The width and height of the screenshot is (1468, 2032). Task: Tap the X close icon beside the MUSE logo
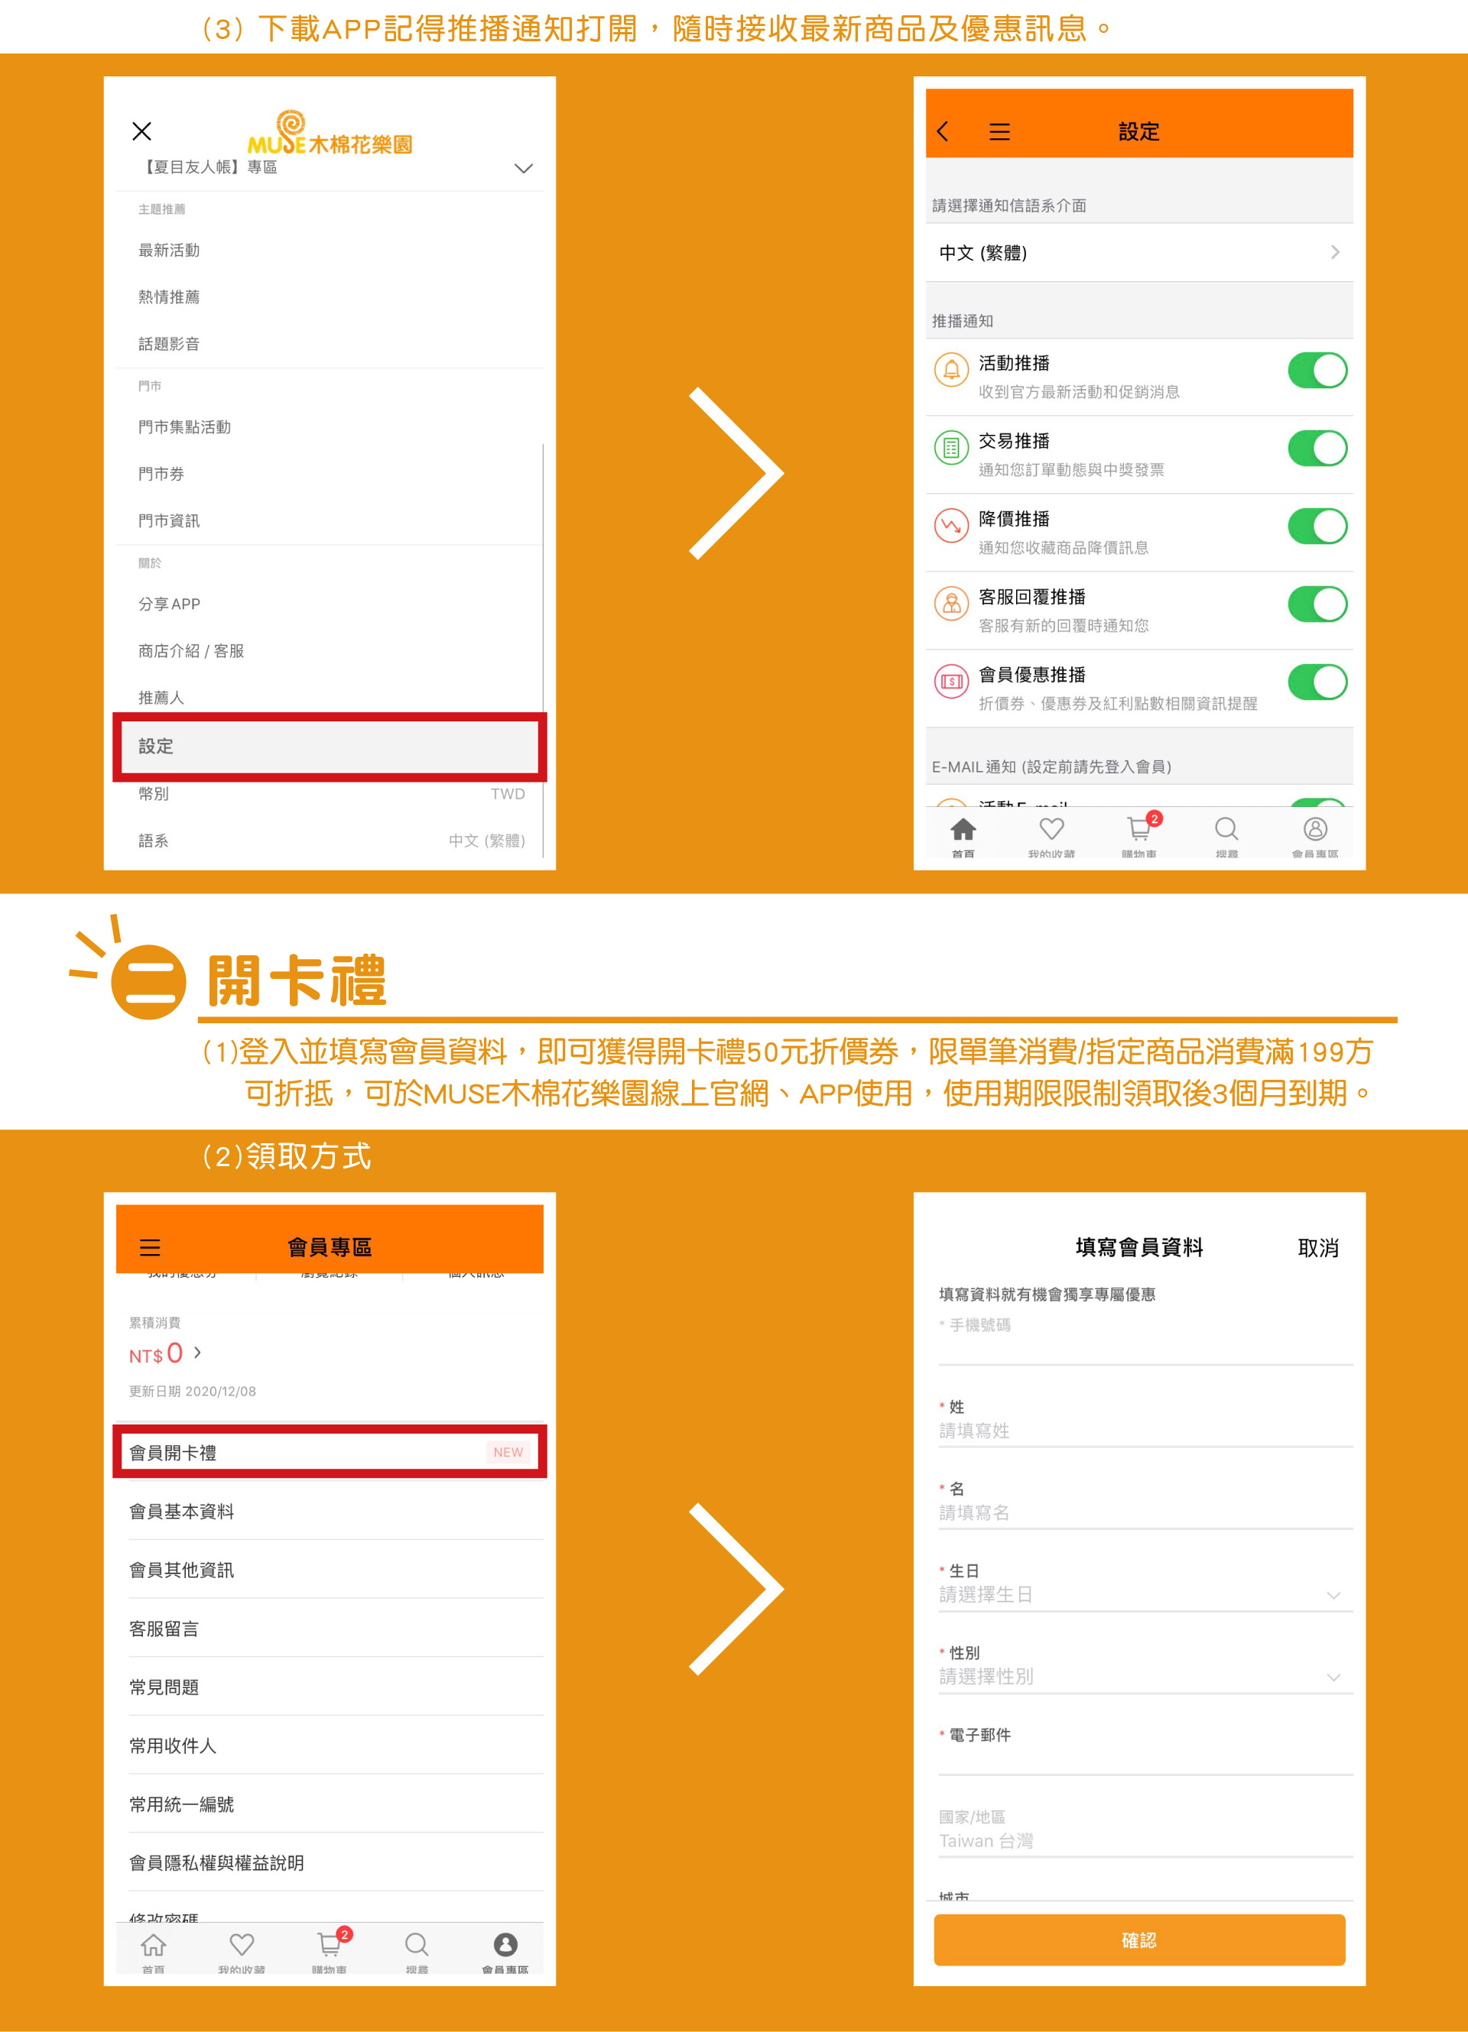coord(141,131)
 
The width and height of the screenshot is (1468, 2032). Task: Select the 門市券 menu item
coord(161,474)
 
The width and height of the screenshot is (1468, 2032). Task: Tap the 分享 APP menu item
coord(170,604)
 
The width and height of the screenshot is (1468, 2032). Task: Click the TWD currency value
coord(507,794)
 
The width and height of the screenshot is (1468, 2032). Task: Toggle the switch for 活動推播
coord(1317,371)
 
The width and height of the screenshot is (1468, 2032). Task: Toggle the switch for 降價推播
coord(1317,527)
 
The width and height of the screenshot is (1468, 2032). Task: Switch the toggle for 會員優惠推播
coord(1317,682)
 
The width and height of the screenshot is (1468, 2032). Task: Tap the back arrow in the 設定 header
coord(943,131)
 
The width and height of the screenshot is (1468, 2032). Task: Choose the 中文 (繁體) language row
coord(1138,253)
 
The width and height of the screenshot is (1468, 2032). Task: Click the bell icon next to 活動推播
coord(951,369)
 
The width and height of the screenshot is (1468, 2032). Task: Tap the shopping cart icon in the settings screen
coord(1139,828)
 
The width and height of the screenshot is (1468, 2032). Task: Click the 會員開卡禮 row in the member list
coord(329,1452)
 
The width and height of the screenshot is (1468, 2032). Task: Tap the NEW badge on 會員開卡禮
coord(508,1452)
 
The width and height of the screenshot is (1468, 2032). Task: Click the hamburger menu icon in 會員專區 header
coord(150,1247)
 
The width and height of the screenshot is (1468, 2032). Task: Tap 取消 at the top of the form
coord(1317,1248)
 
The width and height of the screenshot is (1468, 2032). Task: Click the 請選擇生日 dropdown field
coord(1138,1595)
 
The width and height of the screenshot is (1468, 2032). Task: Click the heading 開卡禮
coord(297,981)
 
